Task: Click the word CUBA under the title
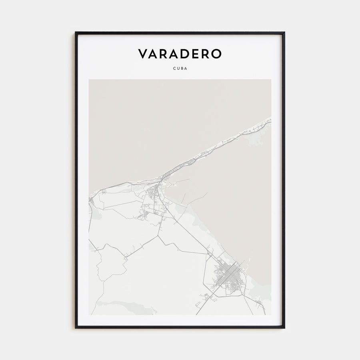coord(180,68)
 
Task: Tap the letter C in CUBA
coord(174,68)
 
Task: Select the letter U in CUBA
coord(178,68)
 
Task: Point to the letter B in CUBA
coord(182,68)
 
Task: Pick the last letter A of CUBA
coord(186,68)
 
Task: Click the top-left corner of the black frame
coord(76,32)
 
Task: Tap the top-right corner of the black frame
coord(284,32)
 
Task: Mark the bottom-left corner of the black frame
coord(76,328)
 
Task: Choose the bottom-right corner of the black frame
coord(284,328)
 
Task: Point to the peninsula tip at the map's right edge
coord(270,119)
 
